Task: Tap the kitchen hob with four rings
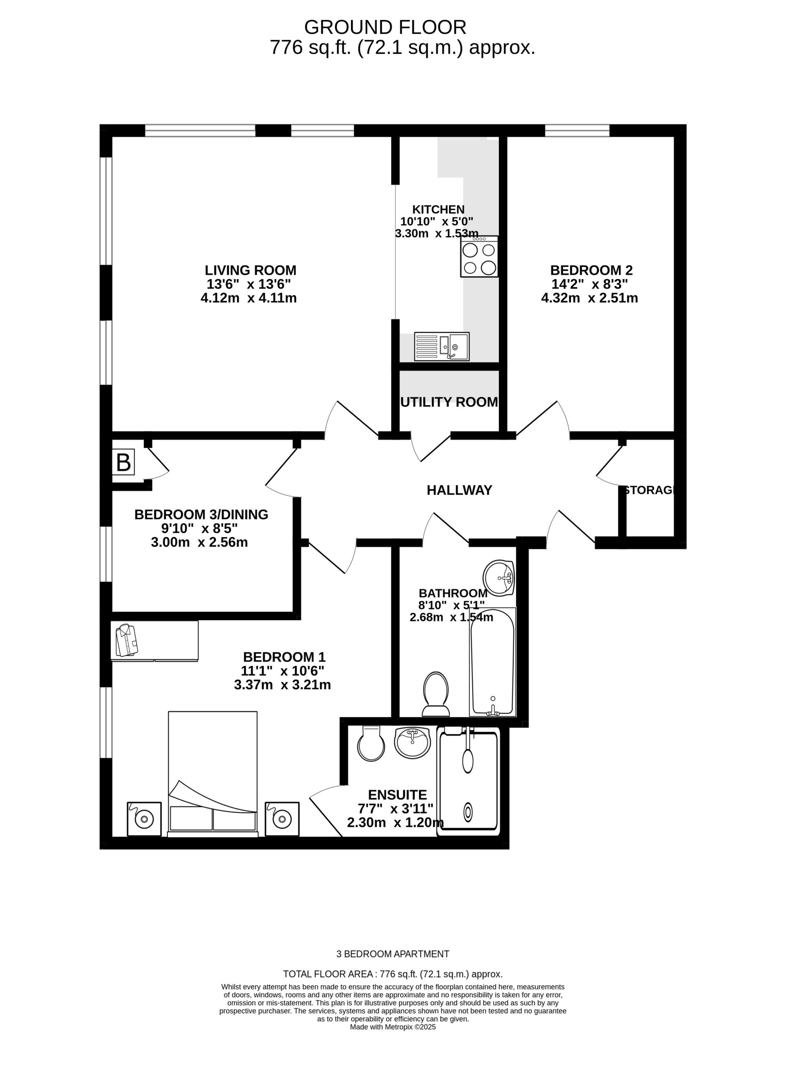click(x=479, y=256)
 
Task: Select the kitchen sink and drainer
click(x=441, y=346)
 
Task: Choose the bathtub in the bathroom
click(x=493, y=662)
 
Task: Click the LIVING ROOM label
click(x=251, y=270)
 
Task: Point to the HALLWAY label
click(x=459, y=490)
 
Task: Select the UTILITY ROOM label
click(x=449, y=402)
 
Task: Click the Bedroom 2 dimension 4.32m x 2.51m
click(x=589, y=298)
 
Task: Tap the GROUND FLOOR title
click(x=385, y=27)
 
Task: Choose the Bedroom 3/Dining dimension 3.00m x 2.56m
click(x=200, y=542)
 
